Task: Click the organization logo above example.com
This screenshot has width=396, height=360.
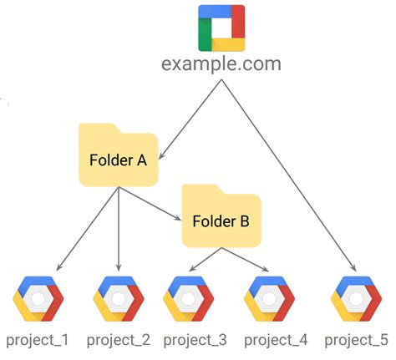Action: click(221, 28)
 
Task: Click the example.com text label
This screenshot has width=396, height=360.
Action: click(221, 64)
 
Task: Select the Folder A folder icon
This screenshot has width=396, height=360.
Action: click(118, 155)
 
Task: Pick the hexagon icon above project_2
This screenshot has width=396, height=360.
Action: click(119, 297)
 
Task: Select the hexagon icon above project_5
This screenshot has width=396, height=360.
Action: click(356, 297)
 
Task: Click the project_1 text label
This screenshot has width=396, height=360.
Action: click(38, 341)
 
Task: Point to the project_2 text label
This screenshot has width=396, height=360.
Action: click(119, 341)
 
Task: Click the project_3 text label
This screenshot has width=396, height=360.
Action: click(195, 341)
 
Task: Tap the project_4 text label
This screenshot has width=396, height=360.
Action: click(274, 341)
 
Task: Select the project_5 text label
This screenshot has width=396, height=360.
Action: click(356, 341)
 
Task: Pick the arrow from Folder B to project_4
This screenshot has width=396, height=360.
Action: click(246, 260)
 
